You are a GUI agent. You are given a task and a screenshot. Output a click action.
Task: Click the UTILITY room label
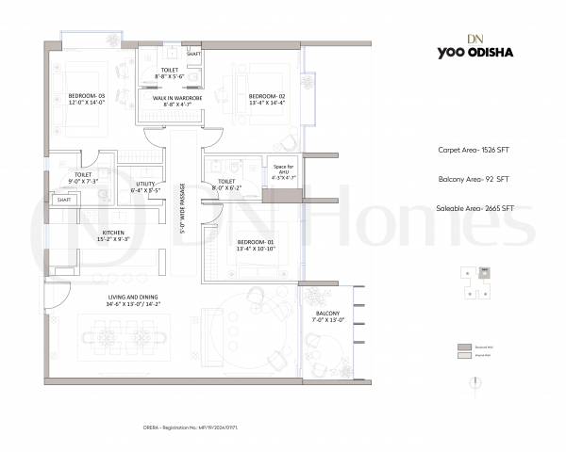click(x=146, y=186)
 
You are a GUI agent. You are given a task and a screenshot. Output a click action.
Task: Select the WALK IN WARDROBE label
click(x=170, y=99)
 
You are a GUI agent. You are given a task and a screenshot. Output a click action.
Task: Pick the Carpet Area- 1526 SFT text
click(x=475, y=150)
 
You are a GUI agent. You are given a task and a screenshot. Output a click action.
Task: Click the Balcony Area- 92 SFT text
click(x=475, y=179)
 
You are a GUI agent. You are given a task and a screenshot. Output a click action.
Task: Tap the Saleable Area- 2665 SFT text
click(x=475, y=208)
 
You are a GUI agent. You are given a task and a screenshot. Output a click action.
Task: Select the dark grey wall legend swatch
click(x=464, y=347)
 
